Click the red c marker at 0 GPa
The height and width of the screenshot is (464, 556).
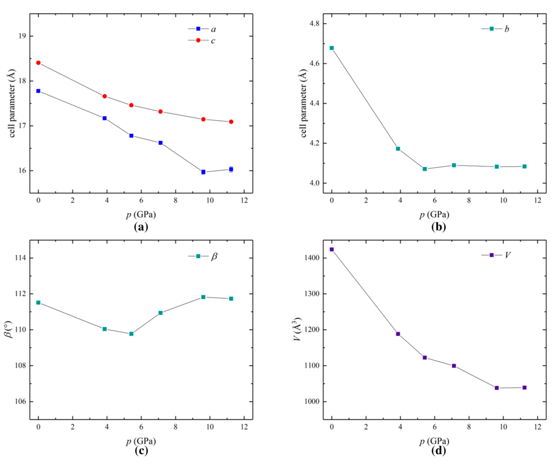pos(38,63)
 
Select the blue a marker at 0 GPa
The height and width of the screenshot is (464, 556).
pos(38,91)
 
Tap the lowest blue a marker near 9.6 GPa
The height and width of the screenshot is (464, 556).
pos(203,172)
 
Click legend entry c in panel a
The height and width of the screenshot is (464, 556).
pos(202,40)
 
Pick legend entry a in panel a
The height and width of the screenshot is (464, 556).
pos(202,29)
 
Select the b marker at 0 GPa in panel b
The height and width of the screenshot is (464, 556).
pos(332,48)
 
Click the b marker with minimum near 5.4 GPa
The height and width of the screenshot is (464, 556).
pos(425,169)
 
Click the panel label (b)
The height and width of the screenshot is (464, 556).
pos(438,227)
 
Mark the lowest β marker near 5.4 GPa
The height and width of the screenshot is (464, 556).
pos(131,334)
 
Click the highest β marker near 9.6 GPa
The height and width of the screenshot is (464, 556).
pos(203,297)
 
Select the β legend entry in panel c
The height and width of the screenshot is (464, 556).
pos(203,256)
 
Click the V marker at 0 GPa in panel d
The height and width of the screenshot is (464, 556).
pos(332,249)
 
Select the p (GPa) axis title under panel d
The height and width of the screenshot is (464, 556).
pos(434,441)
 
